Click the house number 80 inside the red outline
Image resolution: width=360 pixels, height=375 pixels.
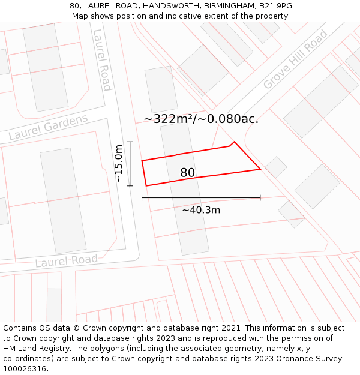point(187,173)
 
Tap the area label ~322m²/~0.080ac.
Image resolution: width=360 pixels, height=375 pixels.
point(201,119)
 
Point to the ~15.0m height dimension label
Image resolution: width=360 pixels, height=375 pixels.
point(119,163)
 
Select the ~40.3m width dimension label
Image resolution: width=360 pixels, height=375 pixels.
point(201,210)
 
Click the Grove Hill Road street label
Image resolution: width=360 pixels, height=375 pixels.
point(295,59)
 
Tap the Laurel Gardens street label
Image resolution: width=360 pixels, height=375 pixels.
point(48,127)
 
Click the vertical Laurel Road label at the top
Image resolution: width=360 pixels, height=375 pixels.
point(101,59)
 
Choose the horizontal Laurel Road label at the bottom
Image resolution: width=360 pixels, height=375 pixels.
point(66,261)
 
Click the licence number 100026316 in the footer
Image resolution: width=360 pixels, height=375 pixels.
point(25,368)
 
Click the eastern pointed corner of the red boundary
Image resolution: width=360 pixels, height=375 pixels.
point(260,169)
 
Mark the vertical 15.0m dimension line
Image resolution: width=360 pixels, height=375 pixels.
point(130,163)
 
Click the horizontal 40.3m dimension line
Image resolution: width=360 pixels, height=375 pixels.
point(201,197)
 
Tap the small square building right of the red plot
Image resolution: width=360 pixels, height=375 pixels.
point(276,167)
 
